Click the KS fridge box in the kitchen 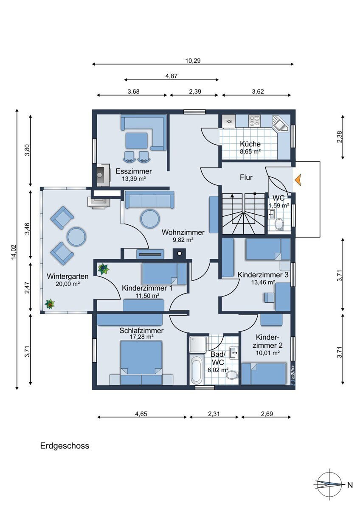tap(228, 121)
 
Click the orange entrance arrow tap(298, 180)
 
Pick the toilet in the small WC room tap(279, 224)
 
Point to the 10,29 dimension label tap(193, 61)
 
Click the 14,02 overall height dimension tap(14, 252)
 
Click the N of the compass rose tap(350, 489)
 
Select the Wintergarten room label tap(67, 276)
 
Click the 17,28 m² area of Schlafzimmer tap(141, 336)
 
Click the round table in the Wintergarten tap(77, 236)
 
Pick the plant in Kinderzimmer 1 tap(103, 269)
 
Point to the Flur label tap(246, 177)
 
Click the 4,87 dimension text tap(171, 76)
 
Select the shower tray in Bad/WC tap(199, 344)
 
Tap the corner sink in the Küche tap(281, 124)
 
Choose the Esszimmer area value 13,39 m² tap(134, 179)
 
